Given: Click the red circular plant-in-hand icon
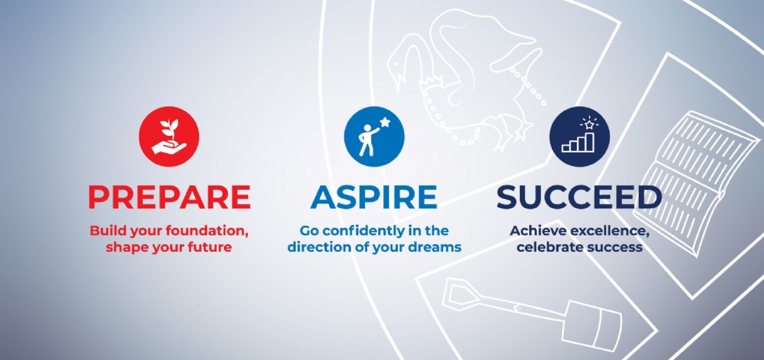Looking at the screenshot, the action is [x=169, y=137].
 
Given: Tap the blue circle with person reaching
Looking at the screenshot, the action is [x=374, y=137].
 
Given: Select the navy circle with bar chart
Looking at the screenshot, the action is [x=580, y=137].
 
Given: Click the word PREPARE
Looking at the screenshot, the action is [x=169, y=197].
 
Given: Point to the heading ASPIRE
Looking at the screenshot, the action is [x=374, y=197].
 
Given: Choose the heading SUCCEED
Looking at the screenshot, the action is [x=579, y=197].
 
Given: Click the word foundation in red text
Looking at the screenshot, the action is [x=208, y=231].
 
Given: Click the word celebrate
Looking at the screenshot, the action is [x=547, y=247].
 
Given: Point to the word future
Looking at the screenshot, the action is [x=211, y=247].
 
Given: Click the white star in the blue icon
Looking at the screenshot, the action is [x=385, y=122].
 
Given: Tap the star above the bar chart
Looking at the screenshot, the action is [x=589, y=125].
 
